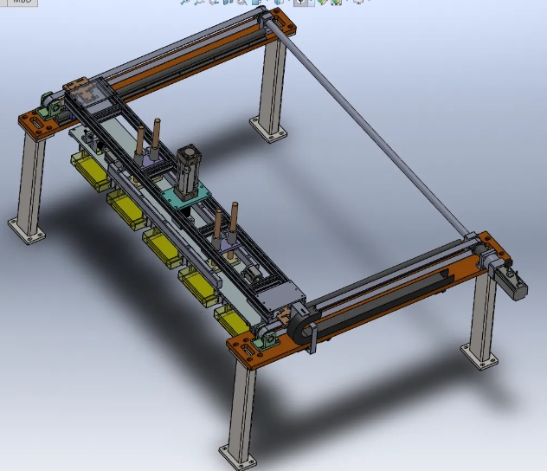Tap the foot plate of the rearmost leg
coord(269,130)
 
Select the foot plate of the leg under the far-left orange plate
coord(26,231)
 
